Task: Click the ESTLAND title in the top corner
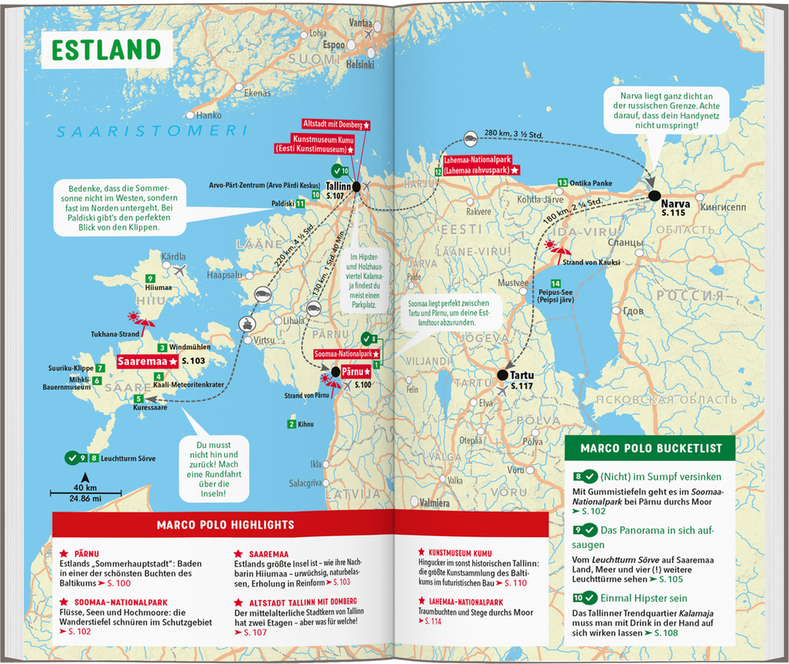[106, 49]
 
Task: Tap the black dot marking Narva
[655, 196]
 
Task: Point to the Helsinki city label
[360, 64]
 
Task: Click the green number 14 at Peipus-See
[555, 283]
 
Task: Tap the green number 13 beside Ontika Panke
[562, 183]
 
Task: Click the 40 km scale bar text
[86, 488]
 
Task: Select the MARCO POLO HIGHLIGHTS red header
[225, 525]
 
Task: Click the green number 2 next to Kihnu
[291, 423]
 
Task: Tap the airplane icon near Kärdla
[181, 271]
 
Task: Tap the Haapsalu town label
[225, 275]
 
